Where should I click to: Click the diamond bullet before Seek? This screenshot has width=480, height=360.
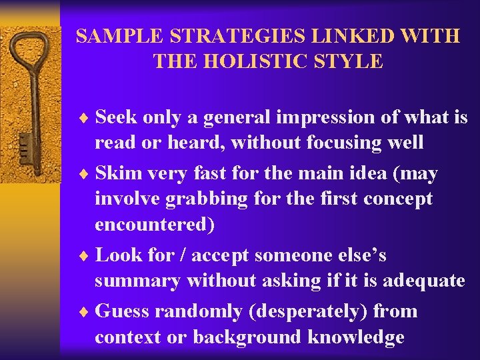tap(85, 118)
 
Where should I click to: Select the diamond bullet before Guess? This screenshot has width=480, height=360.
tap(85, 312)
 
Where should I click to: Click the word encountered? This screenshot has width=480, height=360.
tap(155, 225)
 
